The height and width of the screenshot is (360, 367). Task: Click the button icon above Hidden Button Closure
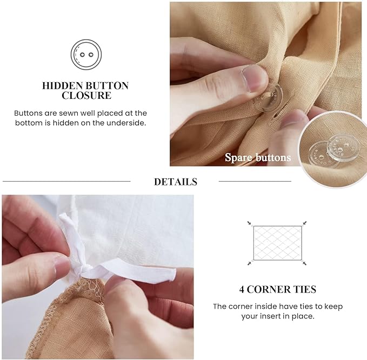coord(86,54)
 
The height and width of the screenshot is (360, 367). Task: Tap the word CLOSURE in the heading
coord(86,96)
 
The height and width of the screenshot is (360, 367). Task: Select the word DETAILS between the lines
coord(176,182)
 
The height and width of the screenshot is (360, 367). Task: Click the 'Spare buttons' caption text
coord(257,158)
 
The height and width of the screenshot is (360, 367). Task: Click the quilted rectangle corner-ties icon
coord(277,242)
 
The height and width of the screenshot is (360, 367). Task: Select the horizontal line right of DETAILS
coord(255,181)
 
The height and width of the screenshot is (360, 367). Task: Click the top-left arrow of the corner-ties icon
coord(250,223)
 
